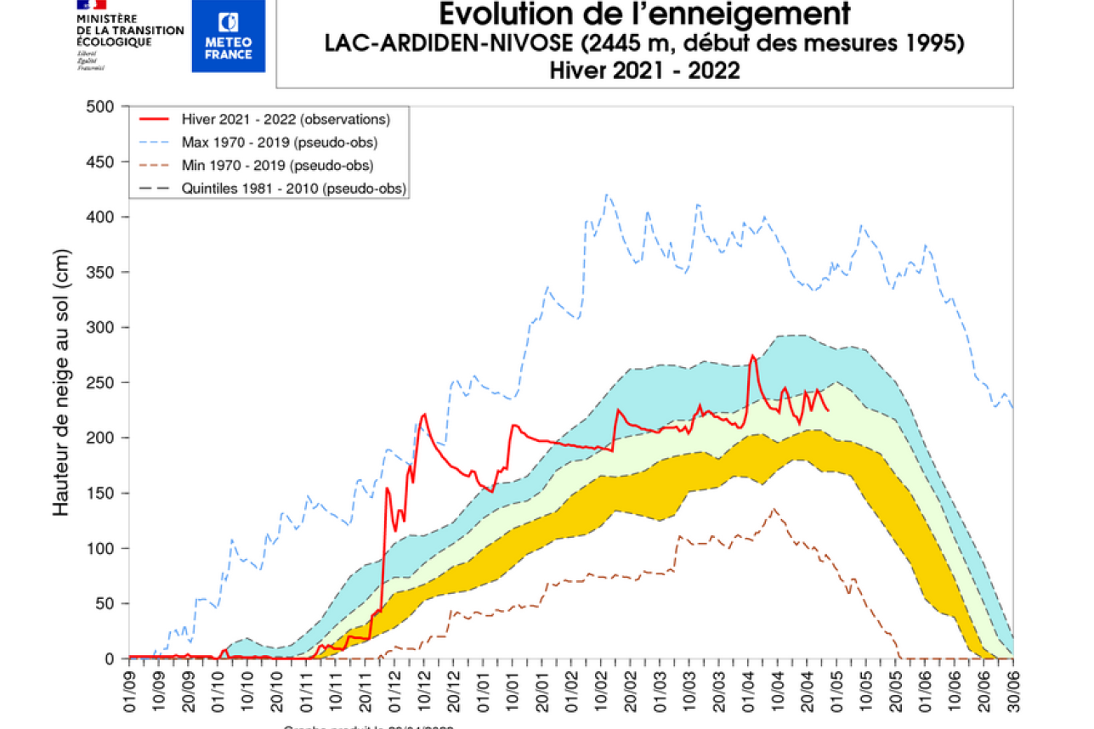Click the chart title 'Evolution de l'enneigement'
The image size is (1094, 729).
coord(644,14)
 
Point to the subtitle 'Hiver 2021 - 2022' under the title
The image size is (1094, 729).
coord(644,71)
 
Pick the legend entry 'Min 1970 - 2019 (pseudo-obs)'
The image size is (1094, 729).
coord(278,165)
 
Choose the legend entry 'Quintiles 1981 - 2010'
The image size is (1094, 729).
coord(293,189)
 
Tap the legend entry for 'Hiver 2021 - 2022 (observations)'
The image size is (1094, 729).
coord(286,118)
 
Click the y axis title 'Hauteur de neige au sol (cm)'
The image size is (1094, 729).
coord(61,382)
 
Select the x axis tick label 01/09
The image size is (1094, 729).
coord(130,690)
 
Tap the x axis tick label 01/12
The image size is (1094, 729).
coord(394,690)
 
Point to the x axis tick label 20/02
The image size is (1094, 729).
coord(630,690)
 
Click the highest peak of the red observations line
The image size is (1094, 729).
coord(752,355)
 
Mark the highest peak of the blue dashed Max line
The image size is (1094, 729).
coord(607,195)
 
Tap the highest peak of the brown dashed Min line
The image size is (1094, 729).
coord(774,509)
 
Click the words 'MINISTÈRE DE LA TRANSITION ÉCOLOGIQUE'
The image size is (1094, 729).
coord(129,30)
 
